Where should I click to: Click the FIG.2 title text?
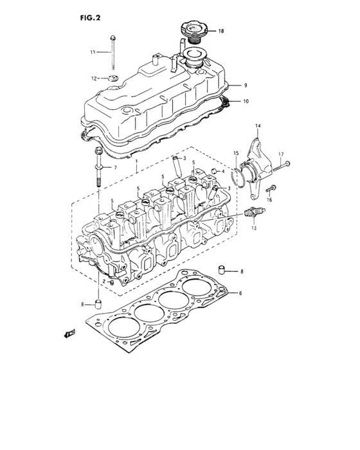click(91, 18)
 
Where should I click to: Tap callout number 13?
click(254, 228)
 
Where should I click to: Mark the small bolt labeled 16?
click(271, 189)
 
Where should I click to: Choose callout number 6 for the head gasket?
click(240, 293)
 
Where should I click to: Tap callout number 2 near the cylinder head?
click(102, 282)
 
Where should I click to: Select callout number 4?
click(222, 172)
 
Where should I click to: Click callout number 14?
click(258, 125)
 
